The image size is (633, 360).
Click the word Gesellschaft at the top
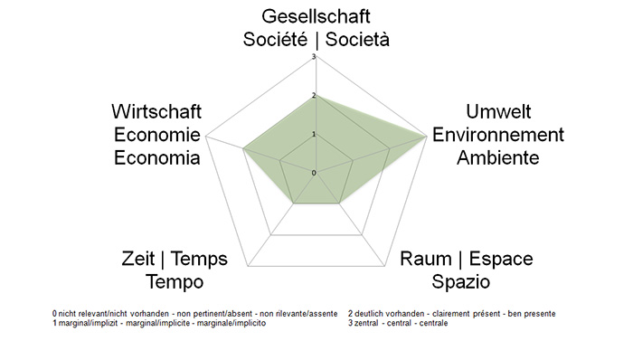coord(316,16)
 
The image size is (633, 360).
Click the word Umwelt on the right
coord(497,112)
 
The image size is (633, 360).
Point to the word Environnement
coord(497,135)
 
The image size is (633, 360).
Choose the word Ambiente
coord(497,157)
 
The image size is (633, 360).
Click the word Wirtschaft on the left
coord(156,112)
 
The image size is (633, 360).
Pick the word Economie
coord(156,135)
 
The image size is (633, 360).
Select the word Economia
coord(156,157)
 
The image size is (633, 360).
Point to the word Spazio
coord(460,281)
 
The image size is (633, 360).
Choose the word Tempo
coord(174,281)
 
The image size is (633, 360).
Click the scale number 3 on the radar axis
coord(313,58)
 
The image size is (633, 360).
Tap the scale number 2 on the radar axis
coord(313,96)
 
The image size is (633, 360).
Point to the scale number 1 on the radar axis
coord(313,134)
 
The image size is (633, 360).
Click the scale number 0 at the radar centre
coord(313,172)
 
